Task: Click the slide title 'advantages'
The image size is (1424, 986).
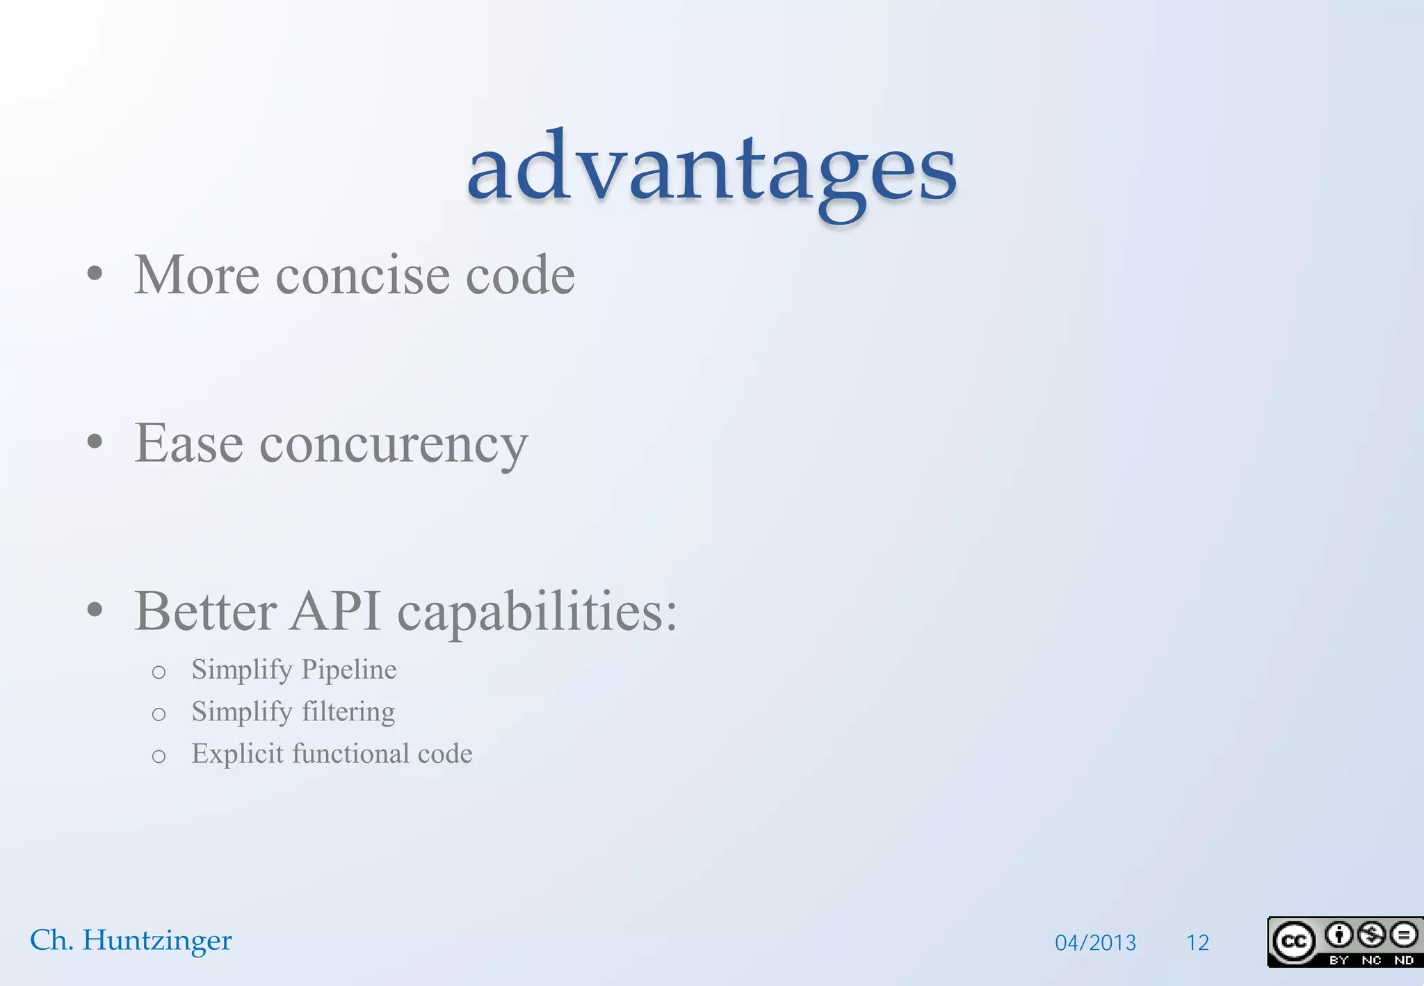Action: tap(712, 170)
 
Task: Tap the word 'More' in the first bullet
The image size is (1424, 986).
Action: tap(197, 275)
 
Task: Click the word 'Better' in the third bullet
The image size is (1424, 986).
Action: tap(205, 612)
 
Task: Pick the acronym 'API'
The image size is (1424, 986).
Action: tap(335, 612)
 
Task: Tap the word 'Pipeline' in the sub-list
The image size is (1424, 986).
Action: tap(349, 670)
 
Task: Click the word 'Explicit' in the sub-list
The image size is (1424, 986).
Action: tap(237, 754)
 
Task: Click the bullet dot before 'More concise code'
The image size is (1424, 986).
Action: tap(95, 273)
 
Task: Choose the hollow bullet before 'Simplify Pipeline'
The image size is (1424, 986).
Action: tap(159, 672)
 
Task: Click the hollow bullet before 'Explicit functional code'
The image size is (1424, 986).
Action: tap(159, 757)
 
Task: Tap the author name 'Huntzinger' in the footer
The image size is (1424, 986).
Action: tap(157, 941)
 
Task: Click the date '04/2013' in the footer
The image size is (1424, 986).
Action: tap(1095, 943)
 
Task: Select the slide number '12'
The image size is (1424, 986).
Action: tap(1197, 943)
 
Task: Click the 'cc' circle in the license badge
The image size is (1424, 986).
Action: tap(1293, 941)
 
